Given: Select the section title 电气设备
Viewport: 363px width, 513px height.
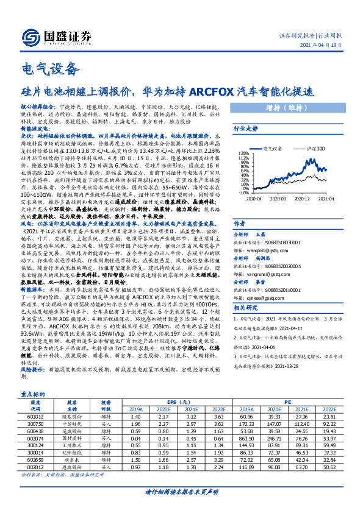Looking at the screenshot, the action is (x=51, y=68).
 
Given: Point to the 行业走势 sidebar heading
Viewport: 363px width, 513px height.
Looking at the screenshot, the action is (x=246, y=129).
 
